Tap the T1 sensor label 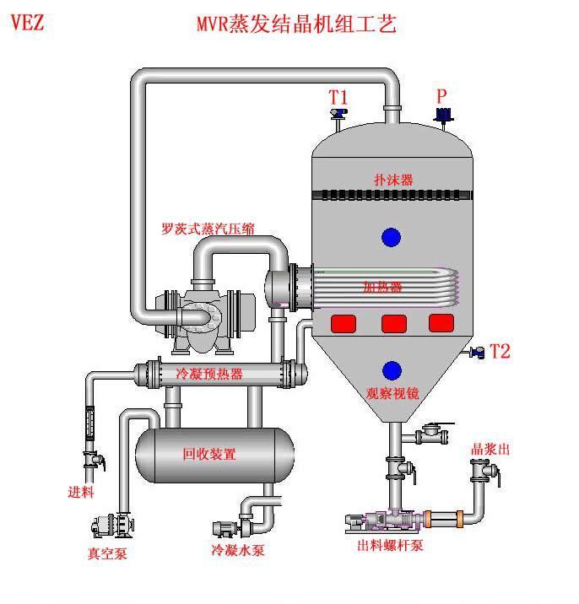coord(338,98)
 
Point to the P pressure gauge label coord(441,96)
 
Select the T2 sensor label coord(501,351)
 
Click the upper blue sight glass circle coord(391,238)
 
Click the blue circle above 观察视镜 coord(392,370)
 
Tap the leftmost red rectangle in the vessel coord(344,323)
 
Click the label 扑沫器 coord(394,180)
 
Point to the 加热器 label coord(382,287)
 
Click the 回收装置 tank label coord(209,454)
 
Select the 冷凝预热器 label coord(209,374)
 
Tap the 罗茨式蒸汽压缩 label coord(209,228)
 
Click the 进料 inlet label coord(81,491)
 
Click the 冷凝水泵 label coord(238,551)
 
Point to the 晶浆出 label coord(490,450)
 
